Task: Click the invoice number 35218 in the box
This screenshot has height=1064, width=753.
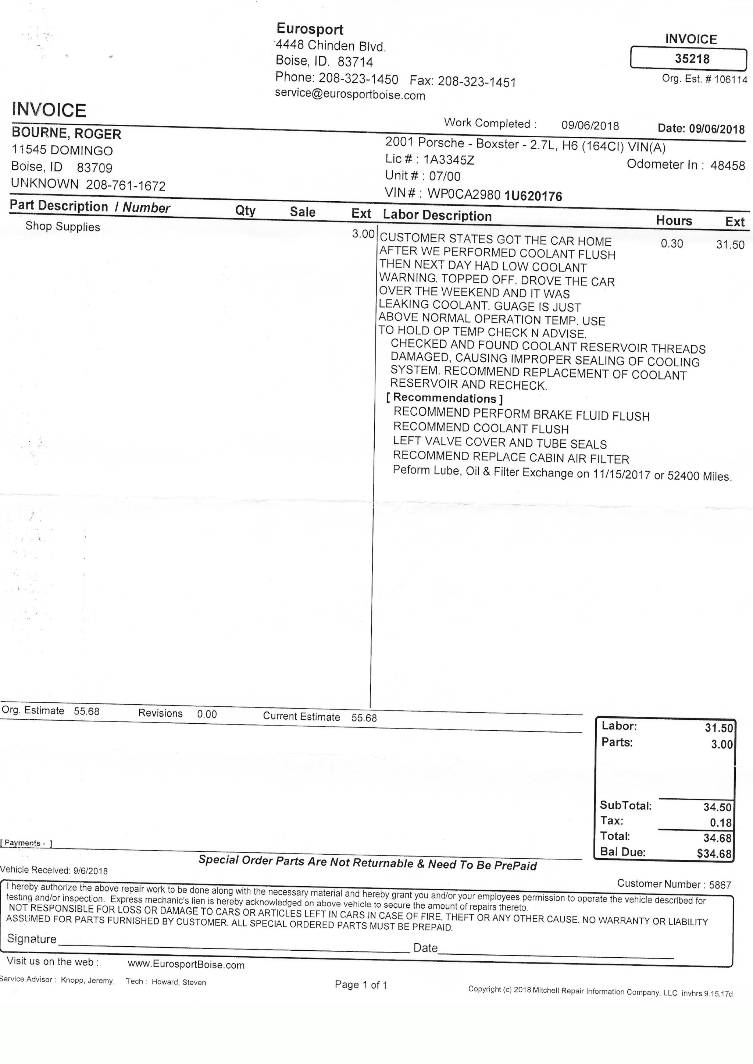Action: coord(692,59)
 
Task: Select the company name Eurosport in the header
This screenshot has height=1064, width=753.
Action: coord(310,29)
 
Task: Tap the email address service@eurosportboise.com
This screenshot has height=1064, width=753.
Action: coord(350,94)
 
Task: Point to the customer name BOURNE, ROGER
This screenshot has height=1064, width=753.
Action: coord(66,134)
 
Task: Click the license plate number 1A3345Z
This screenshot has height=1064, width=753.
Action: coord(449,160)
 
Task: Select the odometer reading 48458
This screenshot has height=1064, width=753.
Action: coord(728,166)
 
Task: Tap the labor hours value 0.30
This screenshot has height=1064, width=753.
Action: coord(672,244)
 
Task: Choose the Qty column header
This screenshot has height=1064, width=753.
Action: coord(245,211)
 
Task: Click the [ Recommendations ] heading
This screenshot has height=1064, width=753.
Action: coord(444,398)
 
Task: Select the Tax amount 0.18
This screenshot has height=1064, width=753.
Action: coord(721,823)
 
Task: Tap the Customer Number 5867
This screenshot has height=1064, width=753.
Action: coord(720,885)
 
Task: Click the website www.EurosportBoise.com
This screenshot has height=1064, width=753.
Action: coord(186,965)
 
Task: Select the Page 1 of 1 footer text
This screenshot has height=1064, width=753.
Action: coord(361,985)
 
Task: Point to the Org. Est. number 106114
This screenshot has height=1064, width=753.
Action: coord(731,79)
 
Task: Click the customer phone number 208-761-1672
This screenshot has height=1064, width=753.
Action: coord(126,185)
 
